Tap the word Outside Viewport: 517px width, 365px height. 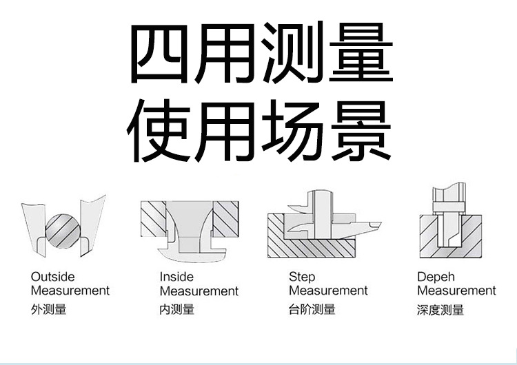(x=52, y=277)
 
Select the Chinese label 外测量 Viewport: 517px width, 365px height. (x=49, y=309)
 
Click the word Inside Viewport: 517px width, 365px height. (x=176, y=277)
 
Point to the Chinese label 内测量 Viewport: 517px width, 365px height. (x=177, y=309)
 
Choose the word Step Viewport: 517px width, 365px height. (x=302, y=277)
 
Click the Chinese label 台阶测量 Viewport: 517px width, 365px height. (x=312, y=309)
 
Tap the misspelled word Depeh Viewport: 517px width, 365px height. (x=436, y=277)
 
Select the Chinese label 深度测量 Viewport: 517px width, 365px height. (x=441, y=309)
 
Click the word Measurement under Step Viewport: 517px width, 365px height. (x=328, y=291)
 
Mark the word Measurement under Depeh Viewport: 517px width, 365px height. (x=456, y=291)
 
